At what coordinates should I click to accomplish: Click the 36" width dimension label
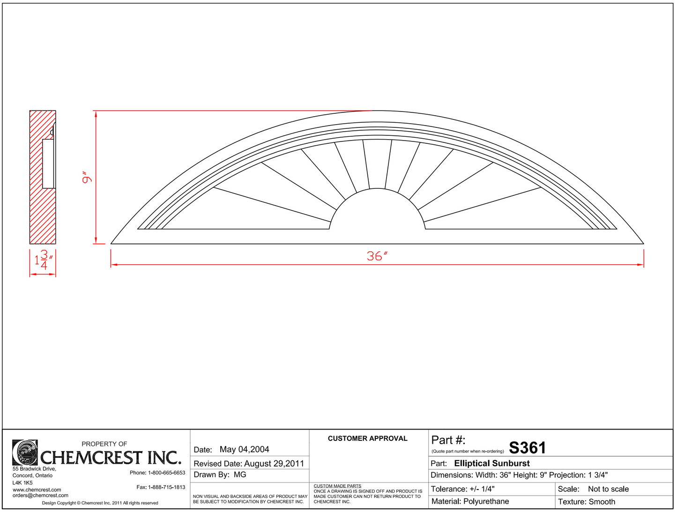pos(377,256)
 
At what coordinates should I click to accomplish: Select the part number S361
pos(528,448)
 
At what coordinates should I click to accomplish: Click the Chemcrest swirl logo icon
pos(25,452)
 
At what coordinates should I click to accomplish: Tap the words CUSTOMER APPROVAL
pos(367,438)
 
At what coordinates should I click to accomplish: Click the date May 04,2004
pos(244,450)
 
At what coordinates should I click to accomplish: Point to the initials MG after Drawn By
pos(240,475)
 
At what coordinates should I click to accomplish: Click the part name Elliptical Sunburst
pos(492,463)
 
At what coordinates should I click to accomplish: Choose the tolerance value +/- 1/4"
pos(482,489)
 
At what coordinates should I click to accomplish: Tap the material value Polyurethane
pos(486,502)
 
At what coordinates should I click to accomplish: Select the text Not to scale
pos(608,489)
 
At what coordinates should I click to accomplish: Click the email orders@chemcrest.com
pos(40,496)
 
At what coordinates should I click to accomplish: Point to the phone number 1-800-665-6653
pos(166,473)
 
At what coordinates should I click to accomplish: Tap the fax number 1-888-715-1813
pos(166,487)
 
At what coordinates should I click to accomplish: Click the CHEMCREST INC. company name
pos(111,458)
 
